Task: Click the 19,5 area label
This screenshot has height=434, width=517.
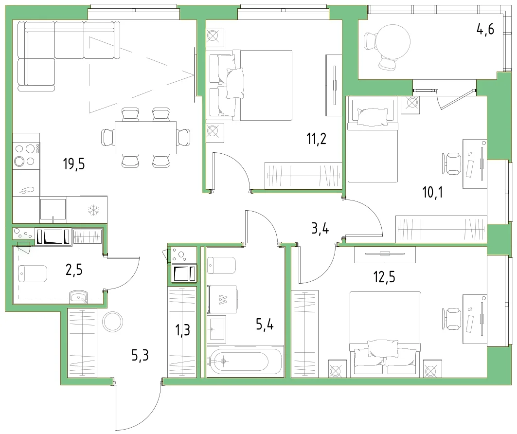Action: point(74,163)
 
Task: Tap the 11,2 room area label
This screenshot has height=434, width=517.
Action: point(317,139)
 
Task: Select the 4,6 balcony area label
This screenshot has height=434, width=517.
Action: point(485,29)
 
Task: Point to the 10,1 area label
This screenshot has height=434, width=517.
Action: point(432,192)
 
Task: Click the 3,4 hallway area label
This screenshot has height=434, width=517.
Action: point(320,228)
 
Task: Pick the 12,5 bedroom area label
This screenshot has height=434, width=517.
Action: point(384,277)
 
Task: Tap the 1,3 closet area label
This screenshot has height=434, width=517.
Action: point(183,329)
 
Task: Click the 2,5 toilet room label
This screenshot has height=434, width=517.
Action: point(74,270)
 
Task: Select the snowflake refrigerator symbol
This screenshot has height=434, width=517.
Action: point(94,210)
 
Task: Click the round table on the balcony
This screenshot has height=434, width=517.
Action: point(392,42)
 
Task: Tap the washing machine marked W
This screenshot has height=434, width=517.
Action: point(222,299)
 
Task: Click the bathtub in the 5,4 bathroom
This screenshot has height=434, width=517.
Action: point(245,361)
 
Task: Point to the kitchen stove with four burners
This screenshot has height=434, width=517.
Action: point(26,155)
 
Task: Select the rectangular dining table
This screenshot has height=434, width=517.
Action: point(145,138)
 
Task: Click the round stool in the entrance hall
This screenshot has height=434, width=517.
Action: point(112,322)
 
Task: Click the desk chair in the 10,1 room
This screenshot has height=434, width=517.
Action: point(451,163)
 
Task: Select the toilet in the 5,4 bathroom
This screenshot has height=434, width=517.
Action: point(222,266)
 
